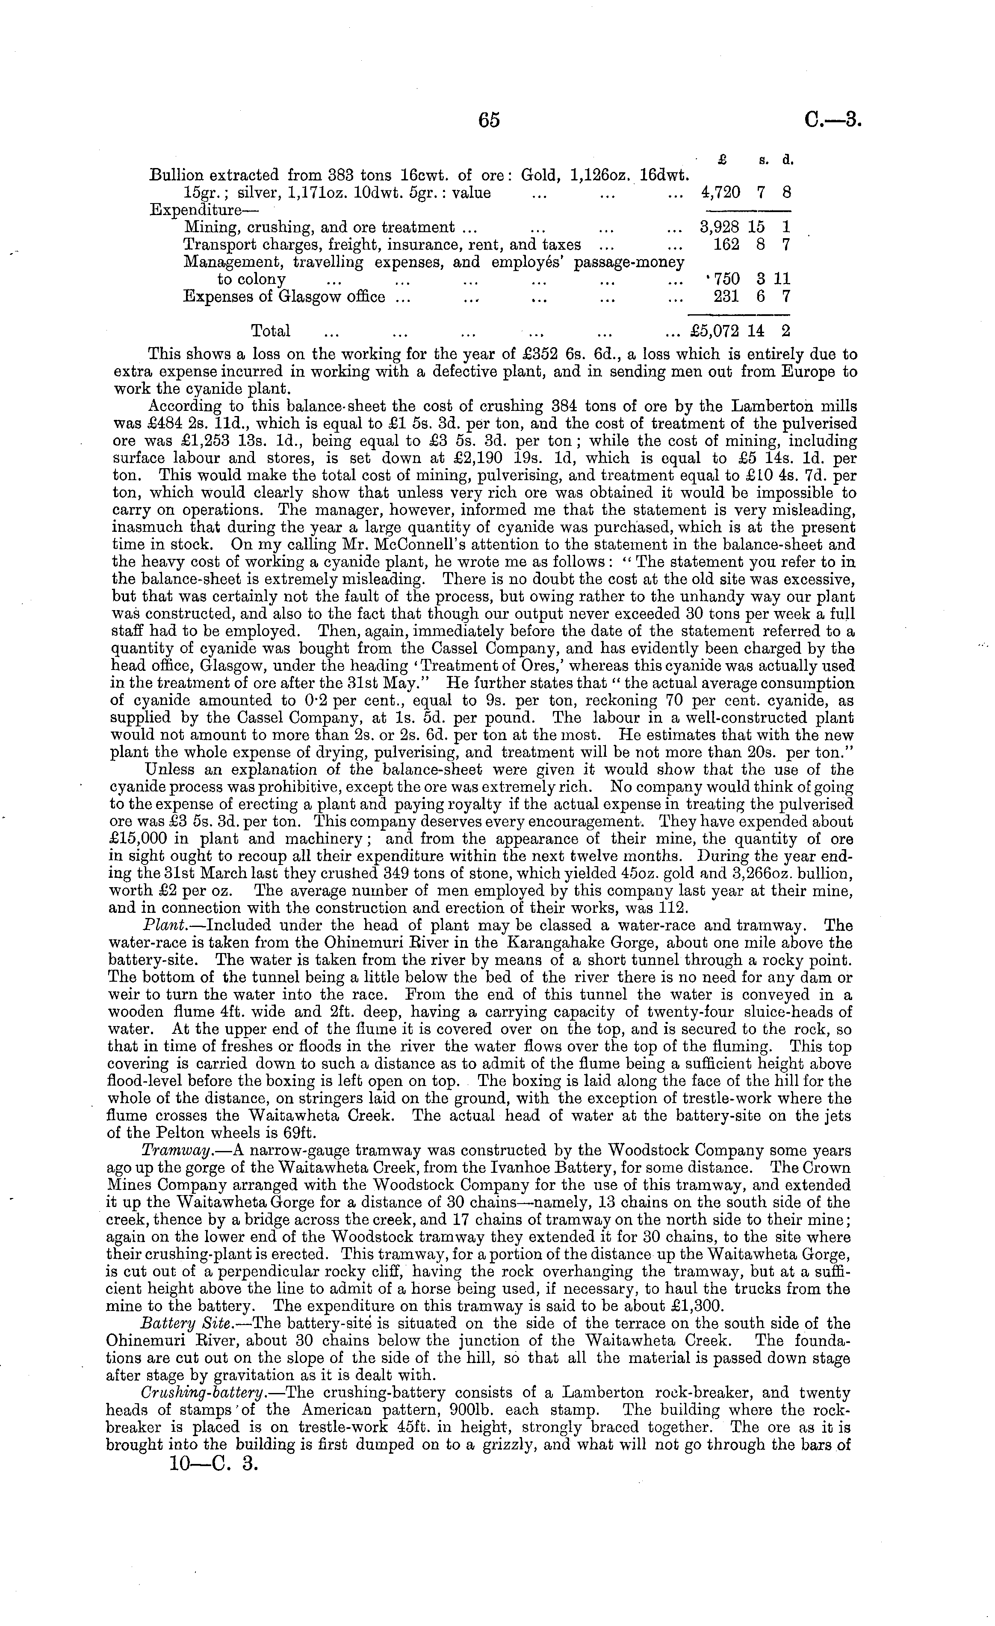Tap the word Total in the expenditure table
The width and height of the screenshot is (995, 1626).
(x=271, y=331)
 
